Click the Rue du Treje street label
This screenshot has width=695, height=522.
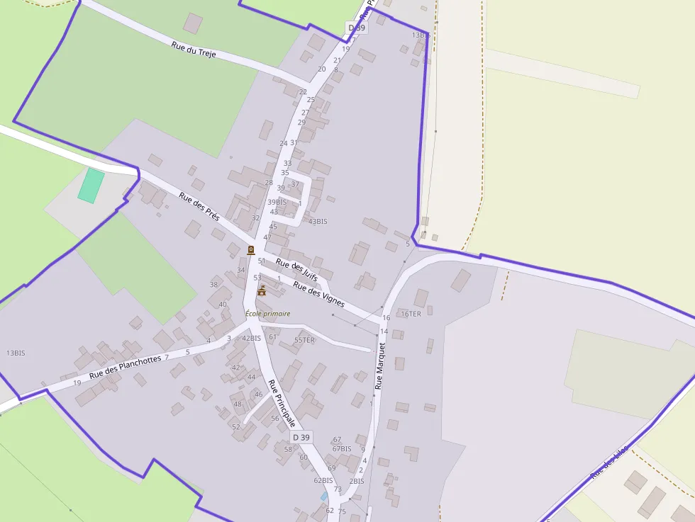[x=194, y=50]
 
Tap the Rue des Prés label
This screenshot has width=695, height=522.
[x=199, y=207]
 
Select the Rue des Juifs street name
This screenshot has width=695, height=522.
[x=296, y=271]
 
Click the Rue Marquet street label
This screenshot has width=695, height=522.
[x=379, y=366]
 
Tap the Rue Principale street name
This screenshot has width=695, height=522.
[x=281, y=402]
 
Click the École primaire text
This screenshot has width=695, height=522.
[x=267, y=314]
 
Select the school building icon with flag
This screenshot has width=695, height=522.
[x=262, y=290]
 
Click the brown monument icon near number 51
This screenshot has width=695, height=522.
[x=251, y=249]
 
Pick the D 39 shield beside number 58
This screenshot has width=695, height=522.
[x=301, y=437]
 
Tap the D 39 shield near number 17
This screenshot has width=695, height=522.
[x=356, y=28]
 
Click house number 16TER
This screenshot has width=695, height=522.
[x=411, y=314]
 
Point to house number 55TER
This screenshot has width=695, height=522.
[x=304, y=340]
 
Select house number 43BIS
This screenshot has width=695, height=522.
[x=318, y=222]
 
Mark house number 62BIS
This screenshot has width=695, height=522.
[x=323, y=480]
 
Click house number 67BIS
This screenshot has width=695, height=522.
[x=342, y=449]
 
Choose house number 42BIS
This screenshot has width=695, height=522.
[x=252, y=339]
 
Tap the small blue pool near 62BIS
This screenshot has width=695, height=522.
[x=324, y=496]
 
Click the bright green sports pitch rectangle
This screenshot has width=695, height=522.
[x=91, y=186]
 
